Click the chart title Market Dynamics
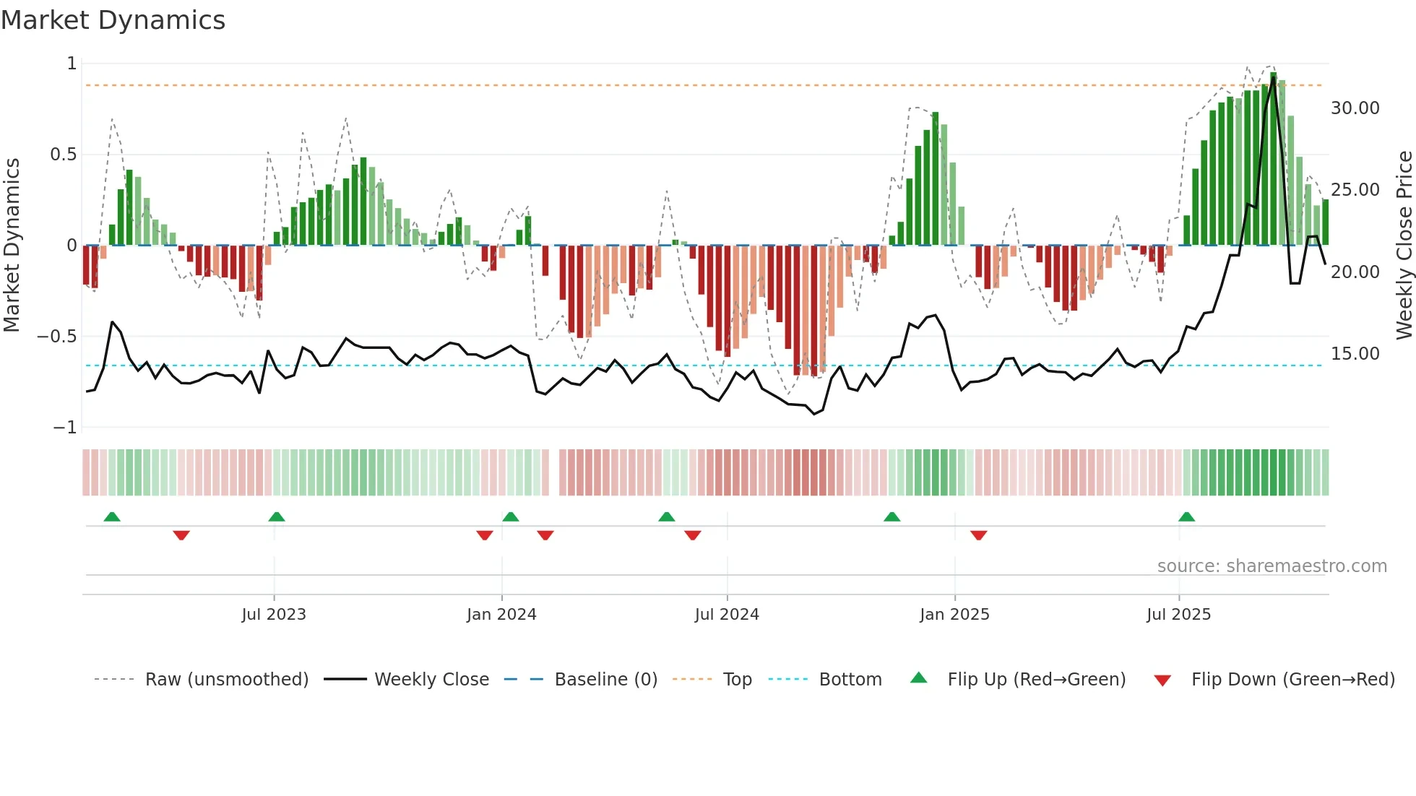[x=113, y=20]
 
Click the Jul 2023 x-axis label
[x=274, y=615]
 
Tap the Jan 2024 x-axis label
[x=501, y=615]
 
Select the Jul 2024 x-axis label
[x=727, y=615]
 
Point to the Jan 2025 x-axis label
[x=954, y=615]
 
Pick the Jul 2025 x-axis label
[x=1178, y=615]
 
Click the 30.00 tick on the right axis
[x=1355, y=108]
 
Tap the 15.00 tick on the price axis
[x=1355, y=354]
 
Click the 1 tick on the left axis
[x=72, y=64]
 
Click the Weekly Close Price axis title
[x=1404, y=246]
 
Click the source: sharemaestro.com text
[x=1272, y=566]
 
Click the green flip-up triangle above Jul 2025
[x=1186, y=516]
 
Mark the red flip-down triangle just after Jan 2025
[x=978, y=535]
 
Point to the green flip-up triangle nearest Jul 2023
[x=276, y=516]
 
